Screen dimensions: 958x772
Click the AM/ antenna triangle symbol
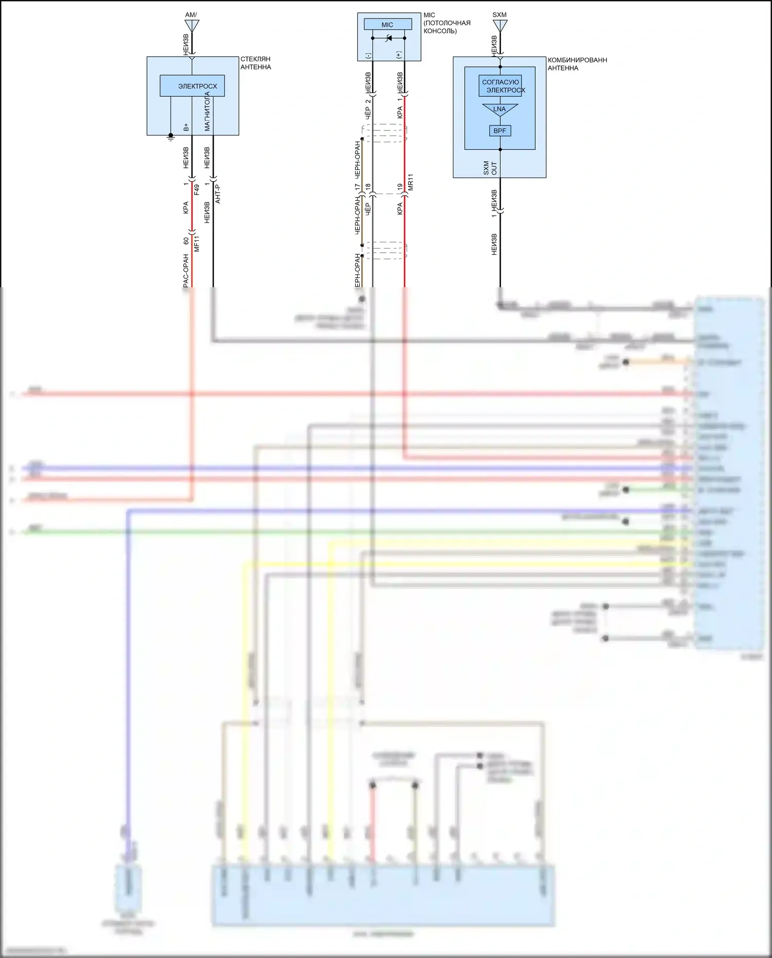coord(191,25)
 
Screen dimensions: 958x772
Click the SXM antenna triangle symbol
coord(500,25)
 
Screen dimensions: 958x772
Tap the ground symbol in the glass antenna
coord(171,137)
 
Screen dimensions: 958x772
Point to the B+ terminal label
coord(186,127)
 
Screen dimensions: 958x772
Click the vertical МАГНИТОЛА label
coord(207,112)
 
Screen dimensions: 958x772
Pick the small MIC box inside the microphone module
coord(388,25)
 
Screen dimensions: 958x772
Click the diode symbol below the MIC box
coord(389,38)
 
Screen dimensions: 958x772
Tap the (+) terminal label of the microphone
coord(399,55)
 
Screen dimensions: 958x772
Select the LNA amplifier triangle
coord(500,109)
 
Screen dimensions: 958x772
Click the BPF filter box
coord(500,131)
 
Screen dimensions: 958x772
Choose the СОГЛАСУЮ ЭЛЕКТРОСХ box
coord(501,86)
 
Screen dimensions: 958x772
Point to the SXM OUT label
coord(490,168)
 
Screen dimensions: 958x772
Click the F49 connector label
coord(197,189)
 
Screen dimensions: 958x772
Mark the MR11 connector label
coord(410,183)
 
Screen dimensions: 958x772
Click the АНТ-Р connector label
coord(218,194)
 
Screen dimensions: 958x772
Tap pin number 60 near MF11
coord(186,241)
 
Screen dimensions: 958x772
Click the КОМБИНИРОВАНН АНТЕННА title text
coord(577,64)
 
